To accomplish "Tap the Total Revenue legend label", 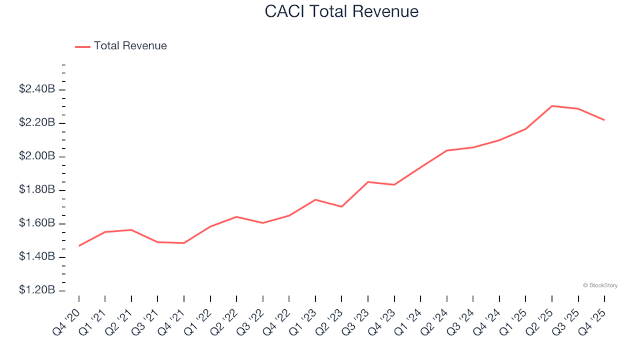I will pos(130,46).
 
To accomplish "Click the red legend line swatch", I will pos(82,47).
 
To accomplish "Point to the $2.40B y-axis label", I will pos(37,89).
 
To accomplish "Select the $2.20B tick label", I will pos(37,123).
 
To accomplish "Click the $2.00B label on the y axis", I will pos(37,157).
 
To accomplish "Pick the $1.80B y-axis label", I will pos(37,190).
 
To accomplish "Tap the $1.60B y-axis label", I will pos(37,223).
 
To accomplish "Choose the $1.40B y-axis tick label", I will pos(37,257).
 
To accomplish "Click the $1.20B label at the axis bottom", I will pos(37,291).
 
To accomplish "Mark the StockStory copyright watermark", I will pos(600,285).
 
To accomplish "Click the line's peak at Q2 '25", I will pos(552,106).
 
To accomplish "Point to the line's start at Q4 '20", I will pos(79,246).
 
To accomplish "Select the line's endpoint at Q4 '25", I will pos(604,120).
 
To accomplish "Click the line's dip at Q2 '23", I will pos(341,207).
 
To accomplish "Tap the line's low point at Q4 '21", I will pos(184,243).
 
